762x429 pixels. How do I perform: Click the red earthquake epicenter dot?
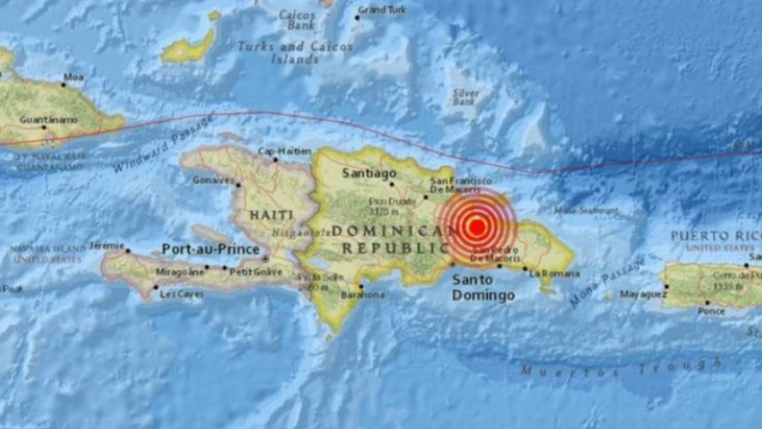476,226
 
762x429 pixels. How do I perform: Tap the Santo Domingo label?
483,288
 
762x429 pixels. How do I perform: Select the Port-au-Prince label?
210,249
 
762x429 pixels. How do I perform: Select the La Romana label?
547,273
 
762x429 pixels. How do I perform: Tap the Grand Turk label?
382,10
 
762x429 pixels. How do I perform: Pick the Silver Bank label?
466,97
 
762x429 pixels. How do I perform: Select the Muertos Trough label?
620,367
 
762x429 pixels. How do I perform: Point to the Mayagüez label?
641,293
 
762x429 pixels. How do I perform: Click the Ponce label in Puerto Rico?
711,310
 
